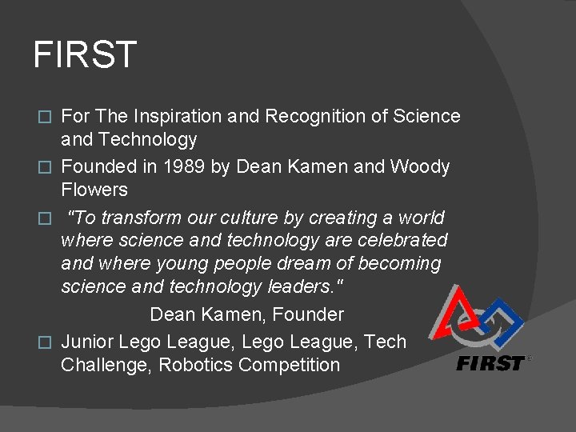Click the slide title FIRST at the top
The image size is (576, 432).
pos(85,55)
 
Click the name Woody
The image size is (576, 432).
pos(420,167)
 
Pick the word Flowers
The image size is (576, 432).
pos(94,190)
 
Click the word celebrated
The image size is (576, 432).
pos(404,240)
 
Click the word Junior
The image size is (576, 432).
pos(87,342)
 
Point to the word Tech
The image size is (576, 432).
pos(385,342)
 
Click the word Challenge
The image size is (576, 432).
pos(106,366)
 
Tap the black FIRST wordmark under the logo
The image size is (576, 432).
pos(490,363)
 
